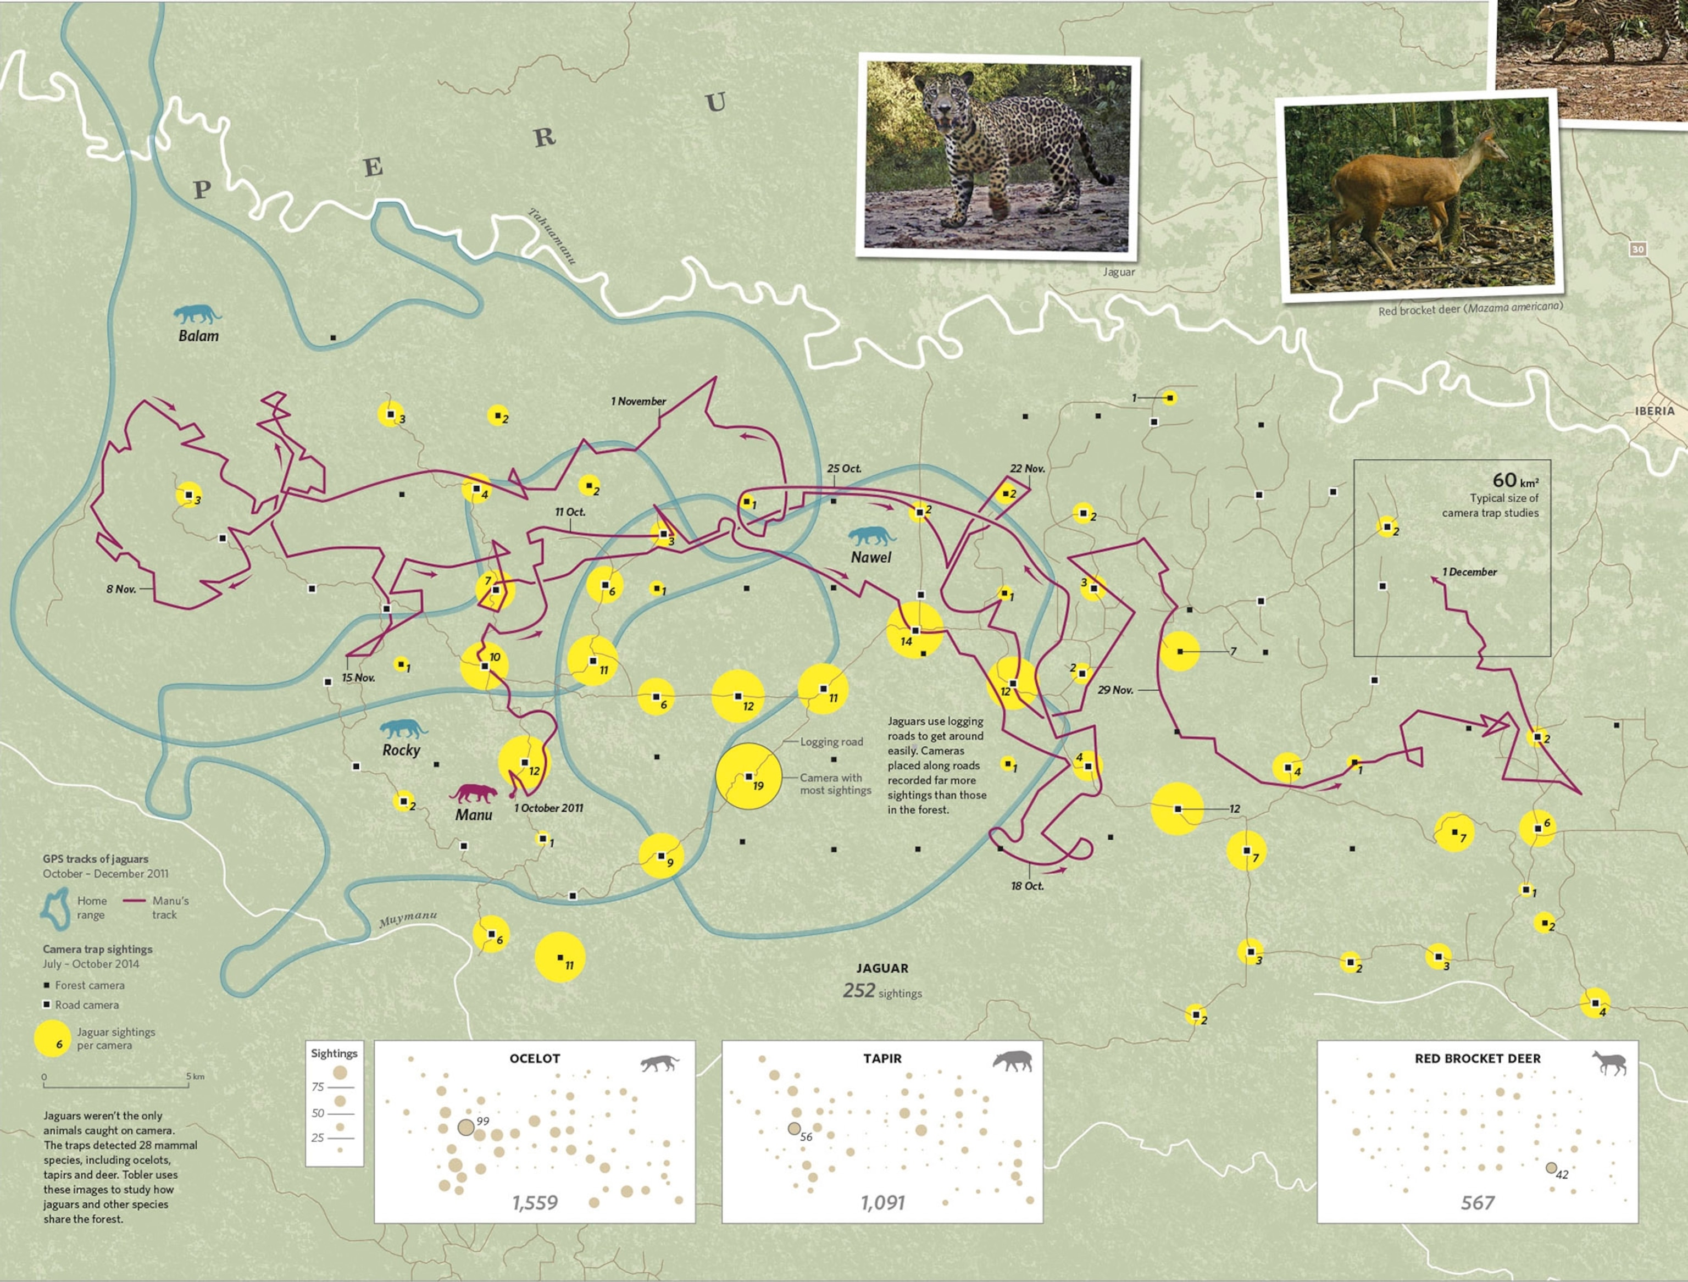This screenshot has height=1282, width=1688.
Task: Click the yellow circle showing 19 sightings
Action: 748,776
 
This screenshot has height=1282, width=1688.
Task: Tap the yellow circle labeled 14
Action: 914,630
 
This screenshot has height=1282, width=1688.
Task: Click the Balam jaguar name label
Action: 198,336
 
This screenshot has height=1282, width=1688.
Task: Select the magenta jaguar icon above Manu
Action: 473,793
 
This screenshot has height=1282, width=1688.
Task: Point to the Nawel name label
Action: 871,558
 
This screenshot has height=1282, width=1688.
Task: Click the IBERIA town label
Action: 1654,410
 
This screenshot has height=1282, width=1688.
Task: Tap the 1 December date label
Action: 1469,571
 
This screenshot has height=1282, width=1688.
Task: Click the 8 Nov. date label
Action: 120,589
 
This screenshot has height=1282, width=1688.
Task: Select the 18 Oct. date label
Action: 1027,886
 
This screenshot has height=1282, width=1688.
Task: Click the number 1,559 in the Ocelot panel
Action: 535,1203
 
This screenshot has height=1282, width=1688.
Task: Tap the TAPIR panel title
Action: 882,1058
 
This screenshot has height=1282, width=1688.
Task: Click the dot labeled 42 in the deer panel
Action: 1551,1168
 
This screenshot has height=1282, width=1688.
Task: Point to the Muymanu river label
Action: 408,919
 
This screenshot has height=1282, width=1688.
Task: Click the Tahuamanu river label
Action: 552,236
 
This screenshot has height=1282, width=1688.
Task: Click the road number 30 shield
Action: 1637,249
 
